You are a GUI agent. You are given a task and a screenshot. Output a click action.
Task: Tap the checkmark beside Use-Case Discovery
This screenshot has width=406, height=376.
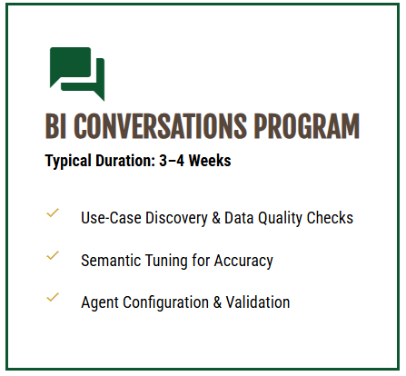click(x=53, y=213)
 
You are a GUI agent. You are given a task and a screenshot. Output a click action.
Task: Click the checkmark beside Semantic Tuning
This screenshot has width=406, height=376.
click(x=53, y=256)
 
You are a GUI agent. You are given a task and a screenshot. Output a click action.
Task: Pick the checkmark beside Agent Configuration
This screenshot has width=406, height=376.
click(x=53, y=298)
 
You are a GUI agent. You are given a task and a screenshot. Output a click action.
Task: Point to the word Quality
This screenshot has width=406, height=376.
click(x=280, y=218)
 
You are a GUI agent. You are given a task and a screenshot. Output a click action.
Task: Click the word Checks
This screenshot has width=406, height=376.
click(x=331, y=218)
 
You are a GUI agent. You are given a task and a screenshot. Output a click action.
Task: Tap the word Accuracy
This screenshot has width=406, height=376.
click(x=243, y=261)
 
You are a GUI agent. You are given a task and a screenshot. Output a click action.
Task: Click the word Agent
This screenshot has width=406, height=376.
click(x=99, y=302)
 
